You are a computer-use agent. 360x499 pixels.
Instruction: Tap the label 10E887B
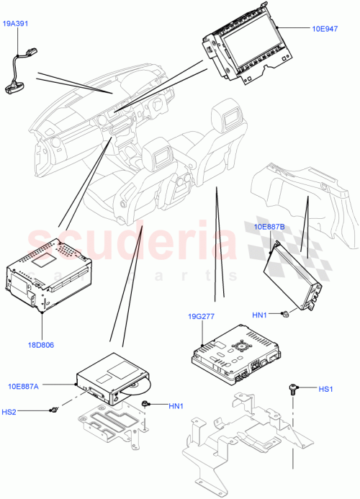269,227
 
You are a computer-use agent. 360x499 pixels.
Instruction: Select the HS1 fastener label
325,390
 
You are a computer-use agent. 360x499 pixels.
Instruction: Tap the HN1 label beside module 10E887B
260,314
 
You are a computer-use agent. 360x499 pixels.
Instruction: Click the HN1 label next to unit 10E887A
176,407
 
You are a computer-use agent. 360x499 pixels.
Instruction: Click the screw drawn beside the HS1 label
294,390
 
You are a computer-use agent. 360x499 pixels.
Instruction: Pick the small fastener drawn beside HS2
54,410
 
